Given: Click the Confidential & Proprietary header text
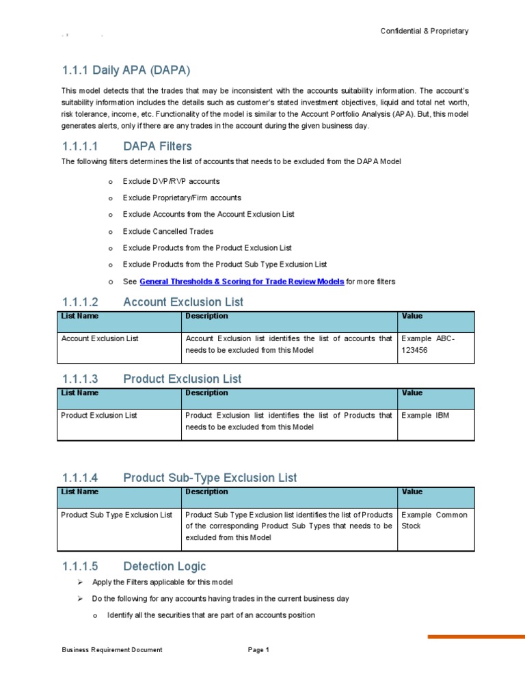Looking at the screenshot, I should click(424, 31).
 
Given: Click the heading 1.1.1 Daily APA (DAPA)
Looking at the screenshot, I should click(126, 70).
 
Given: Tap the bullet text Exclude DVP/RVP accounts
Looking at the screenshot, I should click(171, 182).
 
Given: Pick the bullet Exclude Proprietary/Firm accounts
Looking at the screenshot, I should click(182, 198).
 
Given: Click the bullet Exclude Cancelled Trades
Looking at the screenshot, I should click(167, 231).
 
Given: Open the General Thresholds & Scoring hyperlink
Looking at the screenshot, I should click(241, 281).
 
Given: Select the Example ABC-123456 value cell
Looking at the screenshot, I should click(428, 344).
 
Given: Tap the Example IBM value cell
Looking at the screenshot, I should click(425, 415).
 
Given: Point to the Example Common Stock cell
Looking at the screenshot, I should click(433, 521).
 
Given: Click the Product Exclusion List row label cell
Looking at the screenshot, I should click(99, 415).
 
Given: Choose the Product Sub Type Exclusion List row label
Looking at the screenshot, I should click(116, 515).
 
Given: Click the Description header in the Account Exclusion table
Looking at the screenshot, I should click(206, 317).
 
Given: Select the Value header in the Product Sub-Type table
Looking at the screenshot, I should click(412, 492).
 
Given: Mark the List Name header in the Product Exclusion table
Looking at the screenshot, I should click(80, 393).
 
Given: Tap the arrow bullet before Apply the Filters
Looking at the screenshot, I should click(80, 582).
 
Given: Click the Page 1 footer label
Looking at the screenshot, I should click(258, 650).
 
